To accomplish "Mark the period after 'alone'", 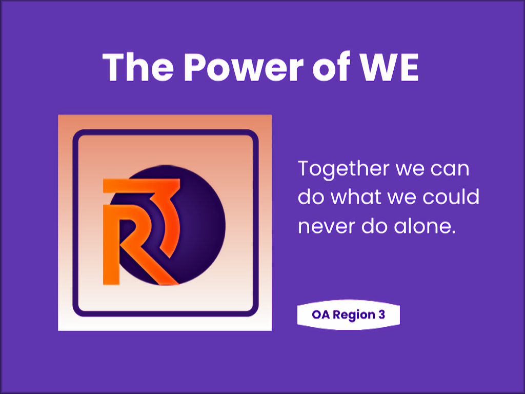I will click(x=454, y=232).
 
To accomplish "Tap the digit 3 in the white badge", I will click(x=381, y=315).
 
